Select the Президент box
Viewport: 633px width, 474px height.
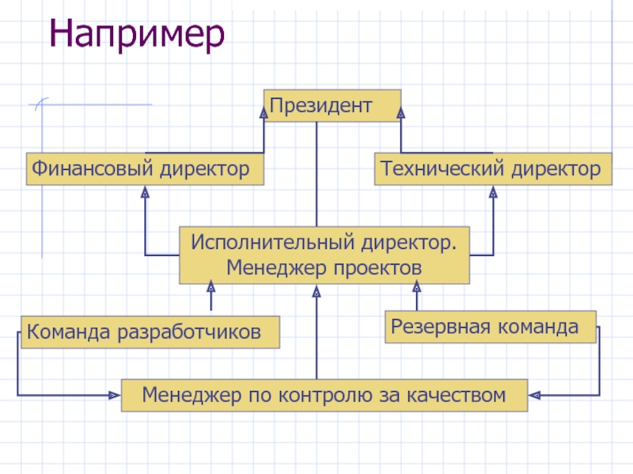332,105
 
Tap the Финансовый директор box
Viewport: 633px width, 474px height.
145,169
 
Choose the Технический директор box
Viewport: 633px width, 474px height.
492,169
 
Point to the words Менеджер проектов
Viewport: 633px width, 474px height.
324,268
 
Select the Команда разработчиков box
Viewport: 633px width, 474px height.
151,332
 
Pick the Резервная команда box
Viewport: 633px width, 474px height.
491,326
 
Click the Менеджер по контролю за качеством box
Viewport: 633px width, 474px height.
324,394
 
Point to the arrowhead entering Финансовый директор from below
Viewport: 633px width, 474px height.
145,191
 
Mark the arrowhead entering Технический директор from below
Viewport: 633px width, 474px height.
493,191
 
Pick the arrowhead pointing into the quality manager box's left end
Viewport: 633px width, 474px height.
114,393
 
